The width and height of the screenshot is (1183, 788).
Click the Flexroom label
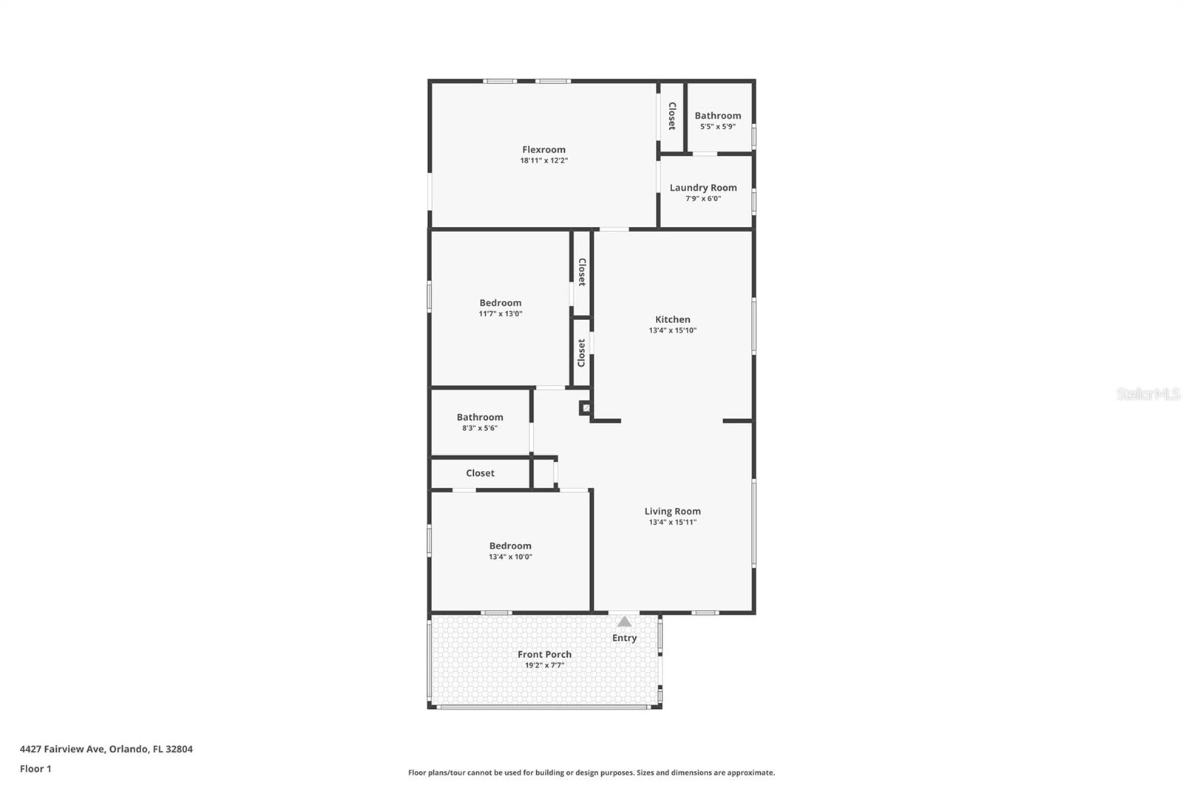[543, 149]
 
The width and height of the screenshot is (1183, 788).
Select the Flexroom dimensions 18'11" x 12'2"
[543, 160]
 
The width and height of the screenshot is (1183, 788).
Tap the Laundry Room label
[703, 188]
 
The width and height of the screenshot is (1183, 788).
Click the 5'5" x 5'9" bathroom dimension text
[717, 126]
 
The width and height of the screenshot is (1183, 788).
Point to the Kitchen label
[672, 319]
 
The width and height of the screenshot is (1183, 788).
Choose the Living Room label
[672, 511]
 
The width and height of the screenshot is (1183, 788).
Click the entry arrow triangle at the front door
[625, 622]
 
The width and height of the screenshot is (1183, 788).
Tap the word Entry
[624, 638]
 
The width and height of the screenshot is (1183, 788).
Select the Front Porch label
[544, 654]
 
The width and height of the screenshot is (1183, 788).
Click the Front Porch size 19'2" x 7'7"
[544, 665]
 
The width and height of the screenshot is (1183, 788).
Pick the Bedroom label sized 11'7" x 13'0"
[500, 302]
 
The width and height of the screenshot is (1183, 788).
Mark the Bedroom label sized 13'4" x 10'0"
[510, 546]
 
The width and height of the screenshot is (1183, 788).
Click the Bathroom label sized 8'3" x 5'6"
[479, 417]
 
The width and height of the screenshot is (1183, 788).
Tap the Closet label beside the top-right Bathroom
[672, 116]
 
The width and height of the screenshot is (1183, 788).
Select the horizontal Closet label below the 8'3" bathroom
[480, 473]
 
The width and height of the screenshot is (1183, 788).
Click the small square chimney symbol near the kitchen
[586, 407]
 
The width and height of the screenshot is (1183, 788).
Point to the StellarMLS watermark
[1148, 394]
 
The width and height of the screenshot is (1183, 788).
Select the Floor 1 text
[35, 769]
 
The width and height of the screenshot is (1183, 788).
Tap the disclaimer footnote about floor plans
[591, 772]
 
